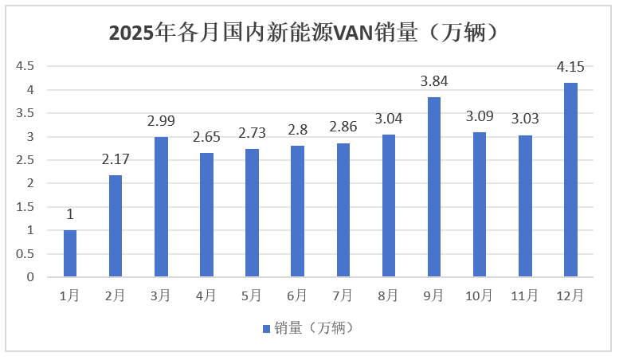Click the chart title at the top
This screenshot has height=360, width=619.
(309, 33)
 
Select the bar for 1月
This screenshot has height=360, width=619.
(70, 253)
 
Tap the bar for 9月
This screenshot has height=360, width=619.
(434, 187)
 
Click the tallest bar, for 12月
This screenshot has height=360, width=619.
(570, 180)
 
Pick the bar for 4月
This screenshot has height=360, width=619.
(206, 215)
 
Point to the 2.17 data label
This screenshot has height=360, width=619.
(116, 160)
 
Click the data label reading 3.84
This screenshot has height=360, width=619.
(434, 81)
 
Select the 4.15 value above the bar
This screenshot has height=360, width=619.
(570, 67)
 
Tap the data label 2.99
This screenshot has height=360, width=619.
(161, 121)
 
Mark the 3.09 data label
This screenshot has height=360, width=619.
(480, 117)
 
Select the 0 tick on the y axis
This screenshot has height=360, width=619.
(30, 277)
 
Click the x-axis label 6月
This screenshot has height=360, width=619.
(297, 295)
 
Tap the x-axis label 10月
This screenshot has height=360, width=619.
(480, 295)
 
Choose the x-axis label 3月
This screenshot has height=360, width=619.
(161, 295)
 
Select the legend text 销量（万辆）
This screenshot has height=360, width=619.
(313, 328)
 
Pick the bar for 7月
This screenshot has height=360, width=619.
(343, 210)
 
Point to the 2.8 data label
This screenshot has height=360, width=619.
(297, 131)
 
